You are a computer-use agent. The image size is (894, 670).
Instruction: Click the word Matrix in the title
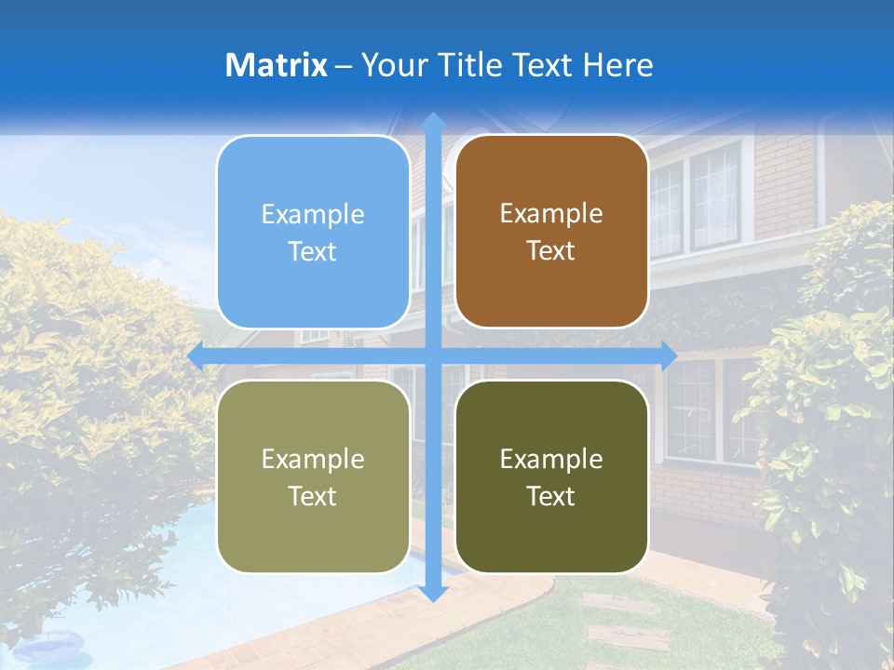pyautogui.click(x=276, y=65)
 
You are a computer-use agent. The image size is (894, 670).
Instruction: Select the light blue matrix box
pyautogui.click(x=313, y=233)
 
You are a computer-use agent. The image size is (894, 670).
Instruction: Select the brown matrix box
pyautogui.click(x=551, y=232)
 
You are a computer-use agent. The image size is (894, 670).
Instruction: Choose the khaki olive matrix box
pyautogui.click(x=313, y=476)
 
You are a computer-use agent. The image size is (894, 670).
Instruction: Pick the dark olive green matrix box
pyautogui.click(x=551, y=476)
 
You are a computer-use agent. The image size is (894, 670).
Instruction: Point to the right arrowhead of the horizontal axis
pyautogui.click(x=669, y=355)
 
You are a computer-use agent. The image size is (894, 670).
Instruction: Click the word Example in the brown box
pyautogui.click(x=551, y=214)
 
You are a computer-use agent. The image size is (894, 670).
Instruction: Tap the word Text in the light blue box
pyautogui.click(x=313, y=252)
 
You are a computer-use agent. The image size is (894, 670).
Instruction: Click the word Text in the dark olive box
pyautogui.click(x=551, y=497)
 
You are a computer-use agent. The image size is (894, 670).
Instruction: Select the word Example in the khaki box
pyautogui.click(x=313, y=459)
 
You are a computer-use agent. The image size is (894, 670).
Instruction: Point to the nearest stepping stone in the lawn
pyautogui.click(x=629, y=639)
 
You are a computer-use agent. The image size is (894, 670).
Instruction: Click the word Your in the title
pyautogui.click(x=389, y=65)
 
